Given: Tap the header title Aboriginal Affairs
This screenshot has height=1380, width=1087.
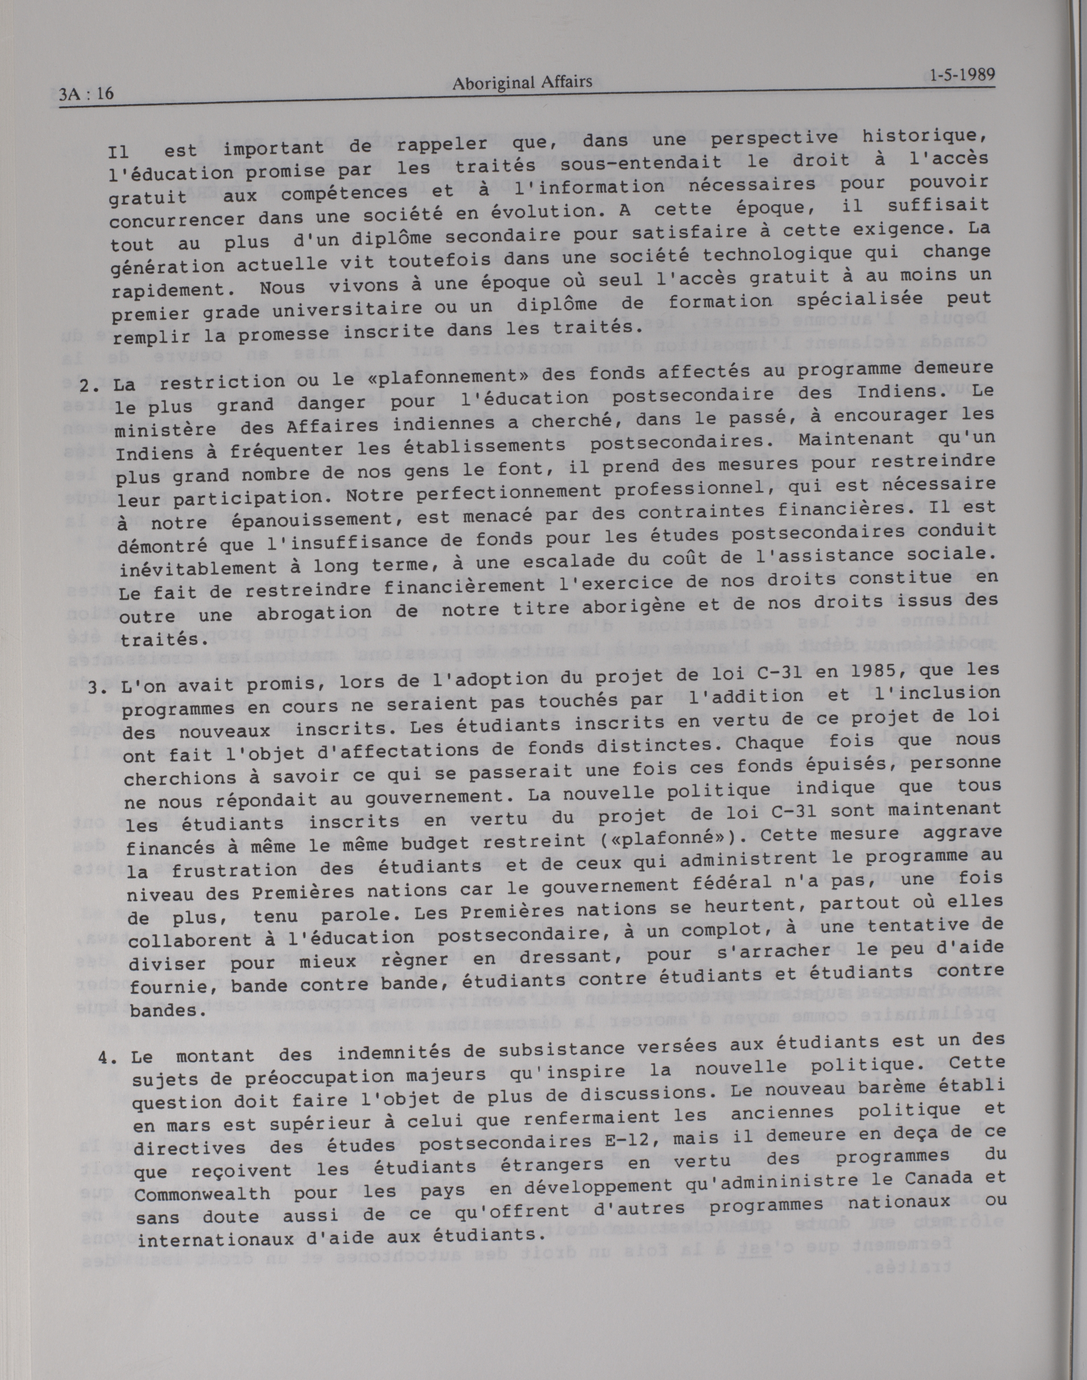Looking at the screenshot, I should pos(521,83).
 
